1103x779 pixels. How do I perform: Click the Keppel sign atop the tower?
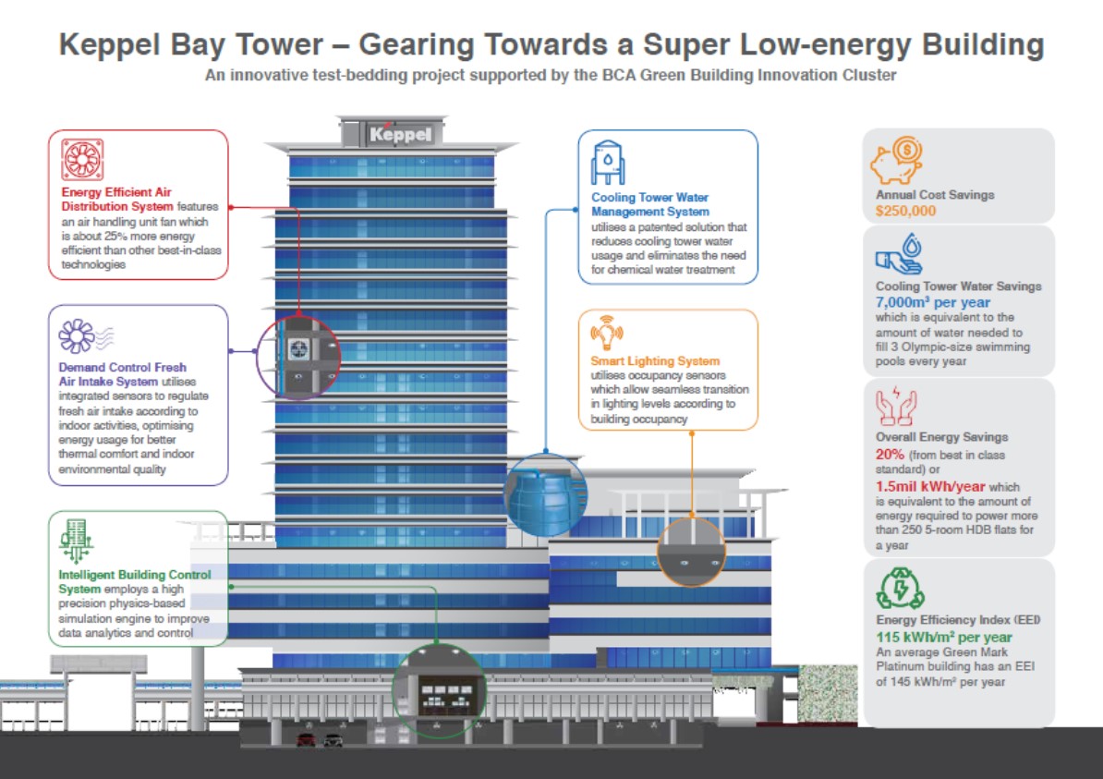(x=400, y=134)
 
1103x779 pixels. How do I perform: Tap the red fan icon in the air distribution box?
(x=82, y=159)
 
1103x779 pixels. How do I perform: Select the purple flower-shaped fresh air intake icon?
(x=76, y=335)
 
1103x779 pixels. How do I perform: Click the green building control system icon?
(x=76, y=541)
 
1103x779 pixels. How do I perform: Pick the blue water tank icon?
(x=608, y=163)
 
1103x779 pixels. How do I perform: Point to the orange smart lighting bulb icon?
(x=606, y=332)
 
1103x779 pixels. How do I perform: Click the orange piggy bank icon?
(x=896, y=161)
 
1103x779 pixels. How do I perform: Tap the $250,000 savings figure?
(x=906, y=211)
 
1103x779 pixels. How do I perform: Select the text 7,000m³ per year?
(x=933, y=302)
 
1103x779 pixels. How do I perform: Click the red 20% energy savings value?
(x=890, y=455)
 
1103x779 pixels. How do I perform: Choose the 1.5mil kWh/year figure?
(x=930, y=486)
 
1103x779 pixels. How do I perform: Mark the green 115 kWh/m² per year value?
(x=944, y=637)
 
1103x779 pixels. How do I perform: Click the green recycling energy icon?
(x=901, y=589)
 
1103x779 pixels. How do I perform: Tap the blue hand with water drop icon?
(x=900, y=255)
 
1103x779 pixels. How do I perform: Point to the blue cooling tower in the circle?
(x=546, y=495)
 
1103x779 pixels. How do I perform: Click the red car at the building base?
(x=306, y=739)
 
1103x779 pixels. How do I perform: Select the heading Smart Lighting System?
(x=655, y=361)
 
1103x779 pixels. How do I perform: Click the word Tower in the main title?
(x=279, y=44)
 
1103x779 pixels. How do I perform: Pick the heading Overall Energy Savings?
(x=942, y=437)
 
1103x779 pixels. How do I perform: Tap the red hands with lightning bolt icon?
(x=895, y=406)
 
